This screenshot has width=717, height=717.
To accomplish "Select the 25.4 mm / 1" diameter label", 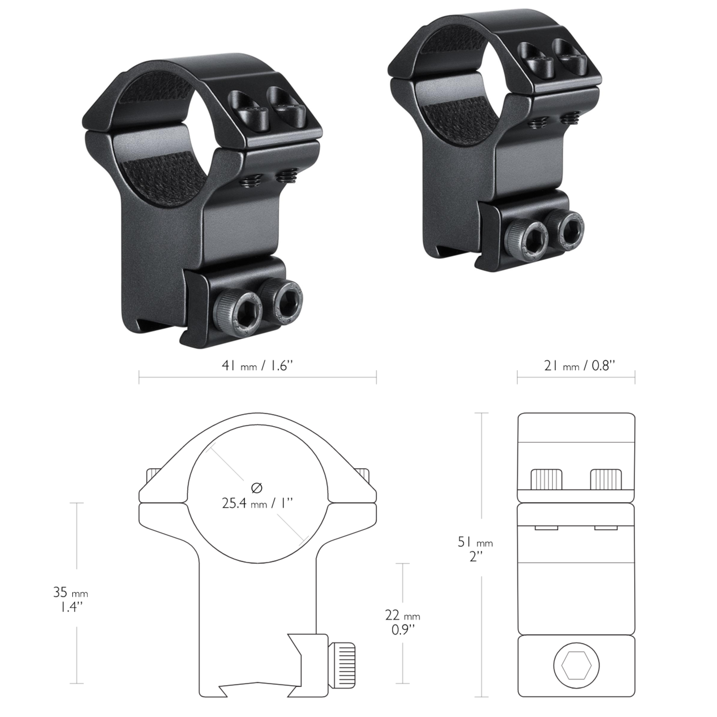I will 257,503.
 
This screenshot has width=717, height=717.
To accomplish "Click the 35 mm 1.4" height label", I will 71,599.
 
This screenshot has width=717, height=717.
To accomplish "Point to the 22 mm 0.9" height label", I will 402,622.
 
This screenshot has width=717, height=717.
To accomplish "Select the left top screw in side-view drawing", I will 546,479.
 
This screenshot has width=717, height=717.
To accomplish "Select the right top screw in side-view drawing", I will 606,479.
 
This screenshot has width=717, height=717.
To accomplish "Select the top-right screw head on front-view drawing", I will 363,475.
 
